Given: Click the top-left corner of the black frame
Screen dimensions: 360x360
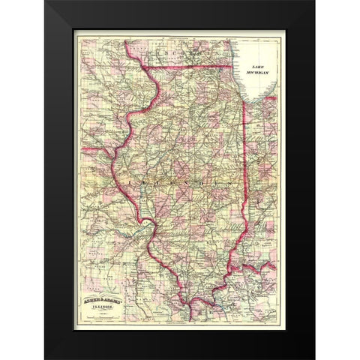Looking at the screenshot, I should (x=46, y=2).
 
